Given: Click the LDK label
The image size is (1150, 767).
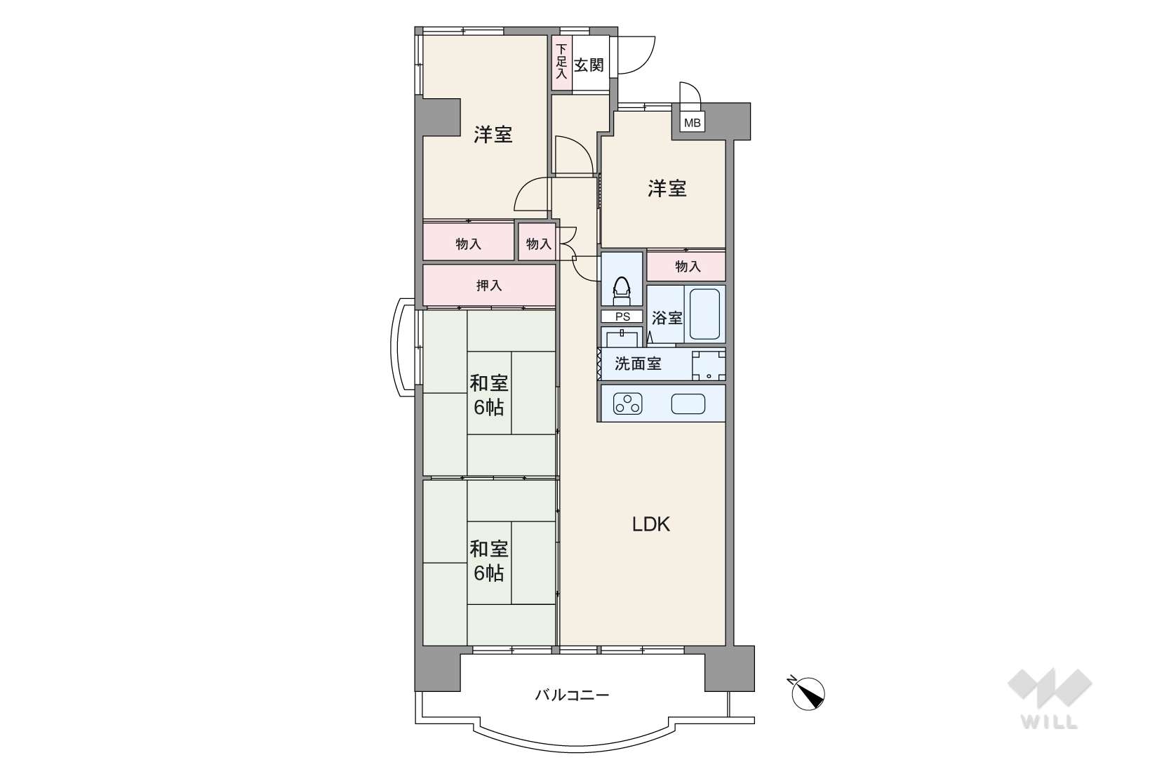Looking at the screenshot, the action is click(650, 524).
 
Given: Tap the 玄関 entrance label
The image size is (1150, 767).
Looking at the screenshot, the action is click(589, 65).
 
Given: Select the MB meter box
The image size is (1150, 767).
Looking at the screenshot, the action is click(692, 124).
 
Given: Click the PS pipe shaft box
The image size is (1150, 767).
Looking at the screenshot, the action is click(622, 316).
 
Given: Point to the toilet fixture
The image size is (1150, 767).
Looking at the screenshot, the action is click(622, 292).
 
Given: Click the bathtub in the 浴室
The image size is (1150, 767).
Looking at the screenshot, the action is click(704, 314).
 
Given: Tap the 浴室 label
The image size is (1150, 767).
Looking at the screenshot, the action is click(667, 318).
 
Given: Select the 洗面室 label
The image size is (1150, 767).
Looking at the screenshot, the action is click(638, 364).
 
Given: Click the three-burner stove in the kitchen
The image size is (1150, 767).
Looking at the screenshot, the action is click(627, 403).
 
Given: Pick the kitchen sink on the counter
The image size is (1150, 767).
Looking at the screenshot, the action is click(688, 403).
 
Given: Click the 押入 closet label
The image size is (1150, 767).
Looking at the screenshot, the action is click(489, 285).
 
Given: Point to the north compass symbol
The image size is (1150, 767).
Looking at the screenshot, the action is click(808, 693).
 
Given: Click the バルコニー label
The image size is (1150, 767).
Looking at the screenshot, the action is click(572, 695).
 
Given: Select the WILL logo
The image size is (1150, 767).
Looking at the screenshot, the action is click(1050, 698).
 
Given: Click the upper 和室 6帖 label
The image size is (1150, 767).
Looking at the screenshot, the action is click(489, 395).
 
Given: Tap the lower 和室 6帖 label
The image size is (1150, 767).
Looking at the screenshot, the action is click(489, 561).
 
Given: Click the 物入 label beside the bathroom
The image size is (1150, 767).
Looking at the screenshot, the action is click(688, 266).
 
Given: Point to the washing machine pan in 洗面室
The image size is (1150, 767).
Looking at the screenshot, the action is click(709, 366).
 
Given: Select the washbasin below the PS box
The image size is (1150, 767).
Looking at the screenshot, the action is click(622, 338).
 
